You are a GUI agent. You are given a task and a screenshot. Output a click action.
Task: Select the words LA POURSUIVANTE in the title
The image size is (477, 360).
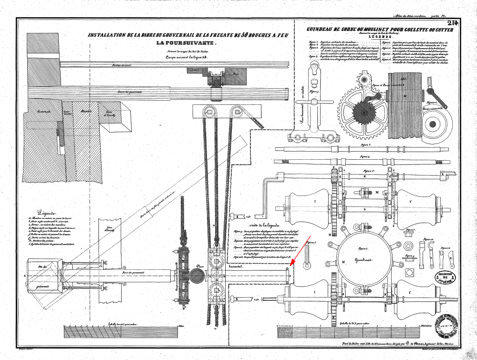coord(186,44)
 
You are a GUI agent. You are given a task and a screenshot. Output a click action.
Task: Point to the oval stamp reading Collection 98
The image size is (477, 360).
coord(445,277)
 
